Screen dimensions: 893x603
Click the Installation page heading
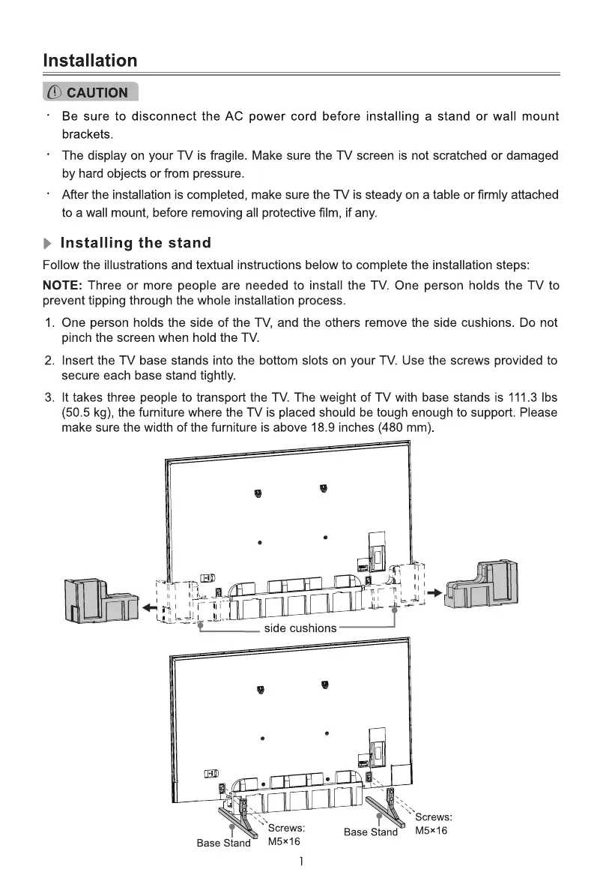point(90,60)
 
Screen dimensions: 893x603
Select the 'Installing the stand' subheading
point(135,243)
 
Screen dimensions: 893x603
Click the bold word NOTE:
point(63,286)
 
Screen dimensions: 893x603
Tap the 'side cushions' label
point(300,628)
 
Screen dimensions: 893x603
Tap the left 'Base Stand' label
point(223,844)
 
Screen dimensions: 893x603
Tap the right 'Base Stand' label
point(370,832)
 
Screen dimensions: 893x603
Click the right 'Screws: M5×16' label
point(432,824)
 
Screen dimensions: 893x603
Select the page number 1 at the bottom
point(300,862)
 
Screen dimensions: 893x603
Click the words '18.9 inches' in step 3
point(341,428)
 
